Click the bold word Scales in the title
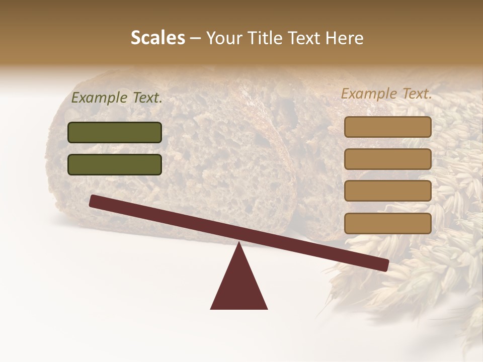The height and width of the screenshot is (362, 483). [158, 38]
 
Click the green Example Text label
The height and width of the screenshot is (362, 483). [117, 98]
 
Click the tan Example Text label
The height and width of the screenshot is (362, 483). [386, 94]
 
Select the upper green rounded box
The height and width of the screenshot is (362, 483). [115, 132]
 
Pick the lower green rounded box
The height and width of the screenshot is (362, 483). [115, 164]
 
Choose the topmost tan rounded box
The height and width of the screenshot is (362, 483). [387, 127]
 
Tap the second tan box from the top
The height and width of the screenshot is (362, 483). [387, 159]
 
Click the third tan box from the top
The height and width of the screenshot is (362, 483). [387, 191]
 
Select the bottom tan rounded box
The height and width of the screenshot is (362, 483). [387, 223]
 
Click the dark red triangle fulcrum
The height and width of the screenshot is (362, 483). [239, 284]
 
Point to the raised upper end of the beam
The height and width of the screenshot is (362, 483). [94, 201]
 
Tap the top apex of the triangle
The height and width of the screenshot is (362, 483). [239, 244]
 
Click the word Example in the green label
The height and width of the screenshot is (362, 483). [100, 98]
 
